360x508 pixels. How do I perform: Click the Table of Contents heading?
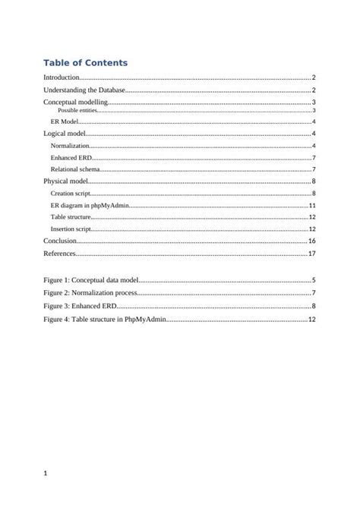85,62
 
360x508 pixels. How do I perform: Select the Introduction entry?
62,78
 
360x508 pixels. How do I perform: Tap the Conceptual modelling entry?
76,102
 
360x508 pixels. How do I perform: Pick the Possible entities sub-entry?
77,111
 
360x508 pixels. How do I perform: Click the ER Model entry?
65,121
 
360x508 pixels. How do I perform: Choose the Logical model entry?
65,134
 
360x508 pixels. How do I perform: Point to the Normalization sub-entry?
70,145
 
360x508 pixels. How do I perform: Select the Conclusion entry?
60,241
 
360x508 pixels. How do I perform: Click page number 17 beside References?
311,253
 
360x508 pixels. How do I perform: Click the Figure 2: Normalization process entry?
90,292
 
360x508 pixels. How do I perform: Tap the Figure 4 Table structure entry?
104,319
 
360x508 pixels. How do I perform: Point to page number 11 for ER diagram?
311,206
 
